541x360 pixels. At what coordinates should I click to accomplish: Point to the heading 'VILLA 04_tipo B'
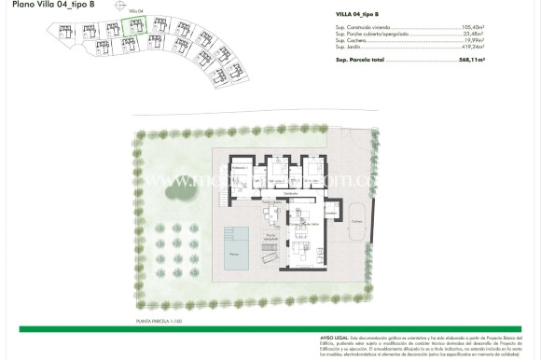362,16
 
